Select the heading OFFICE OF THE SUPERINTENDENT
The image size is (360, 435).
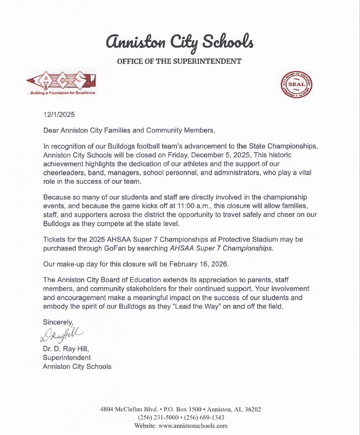[179, 61]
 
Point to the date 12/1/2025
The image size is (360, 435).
[59, 115]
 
